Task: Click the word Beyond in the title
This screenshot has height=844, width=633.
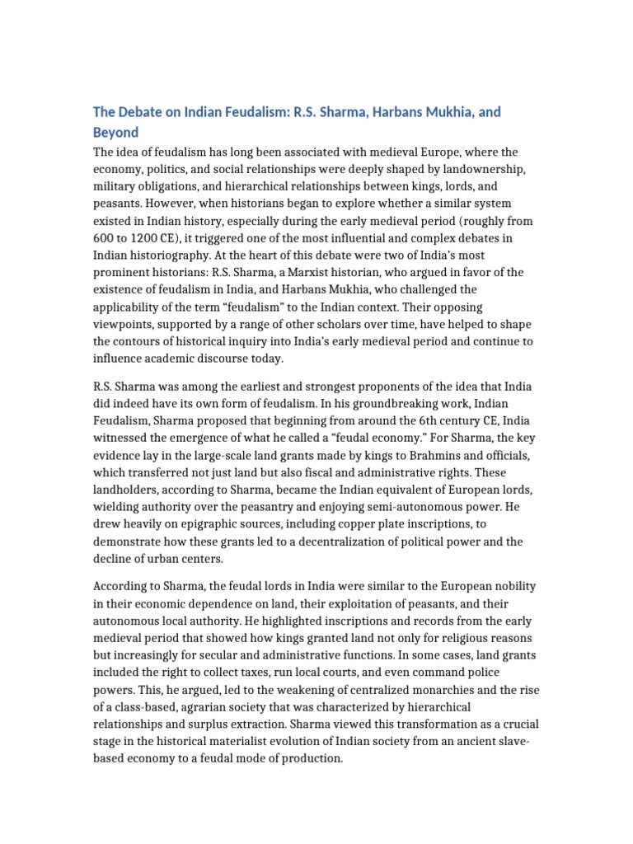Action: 115,132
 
